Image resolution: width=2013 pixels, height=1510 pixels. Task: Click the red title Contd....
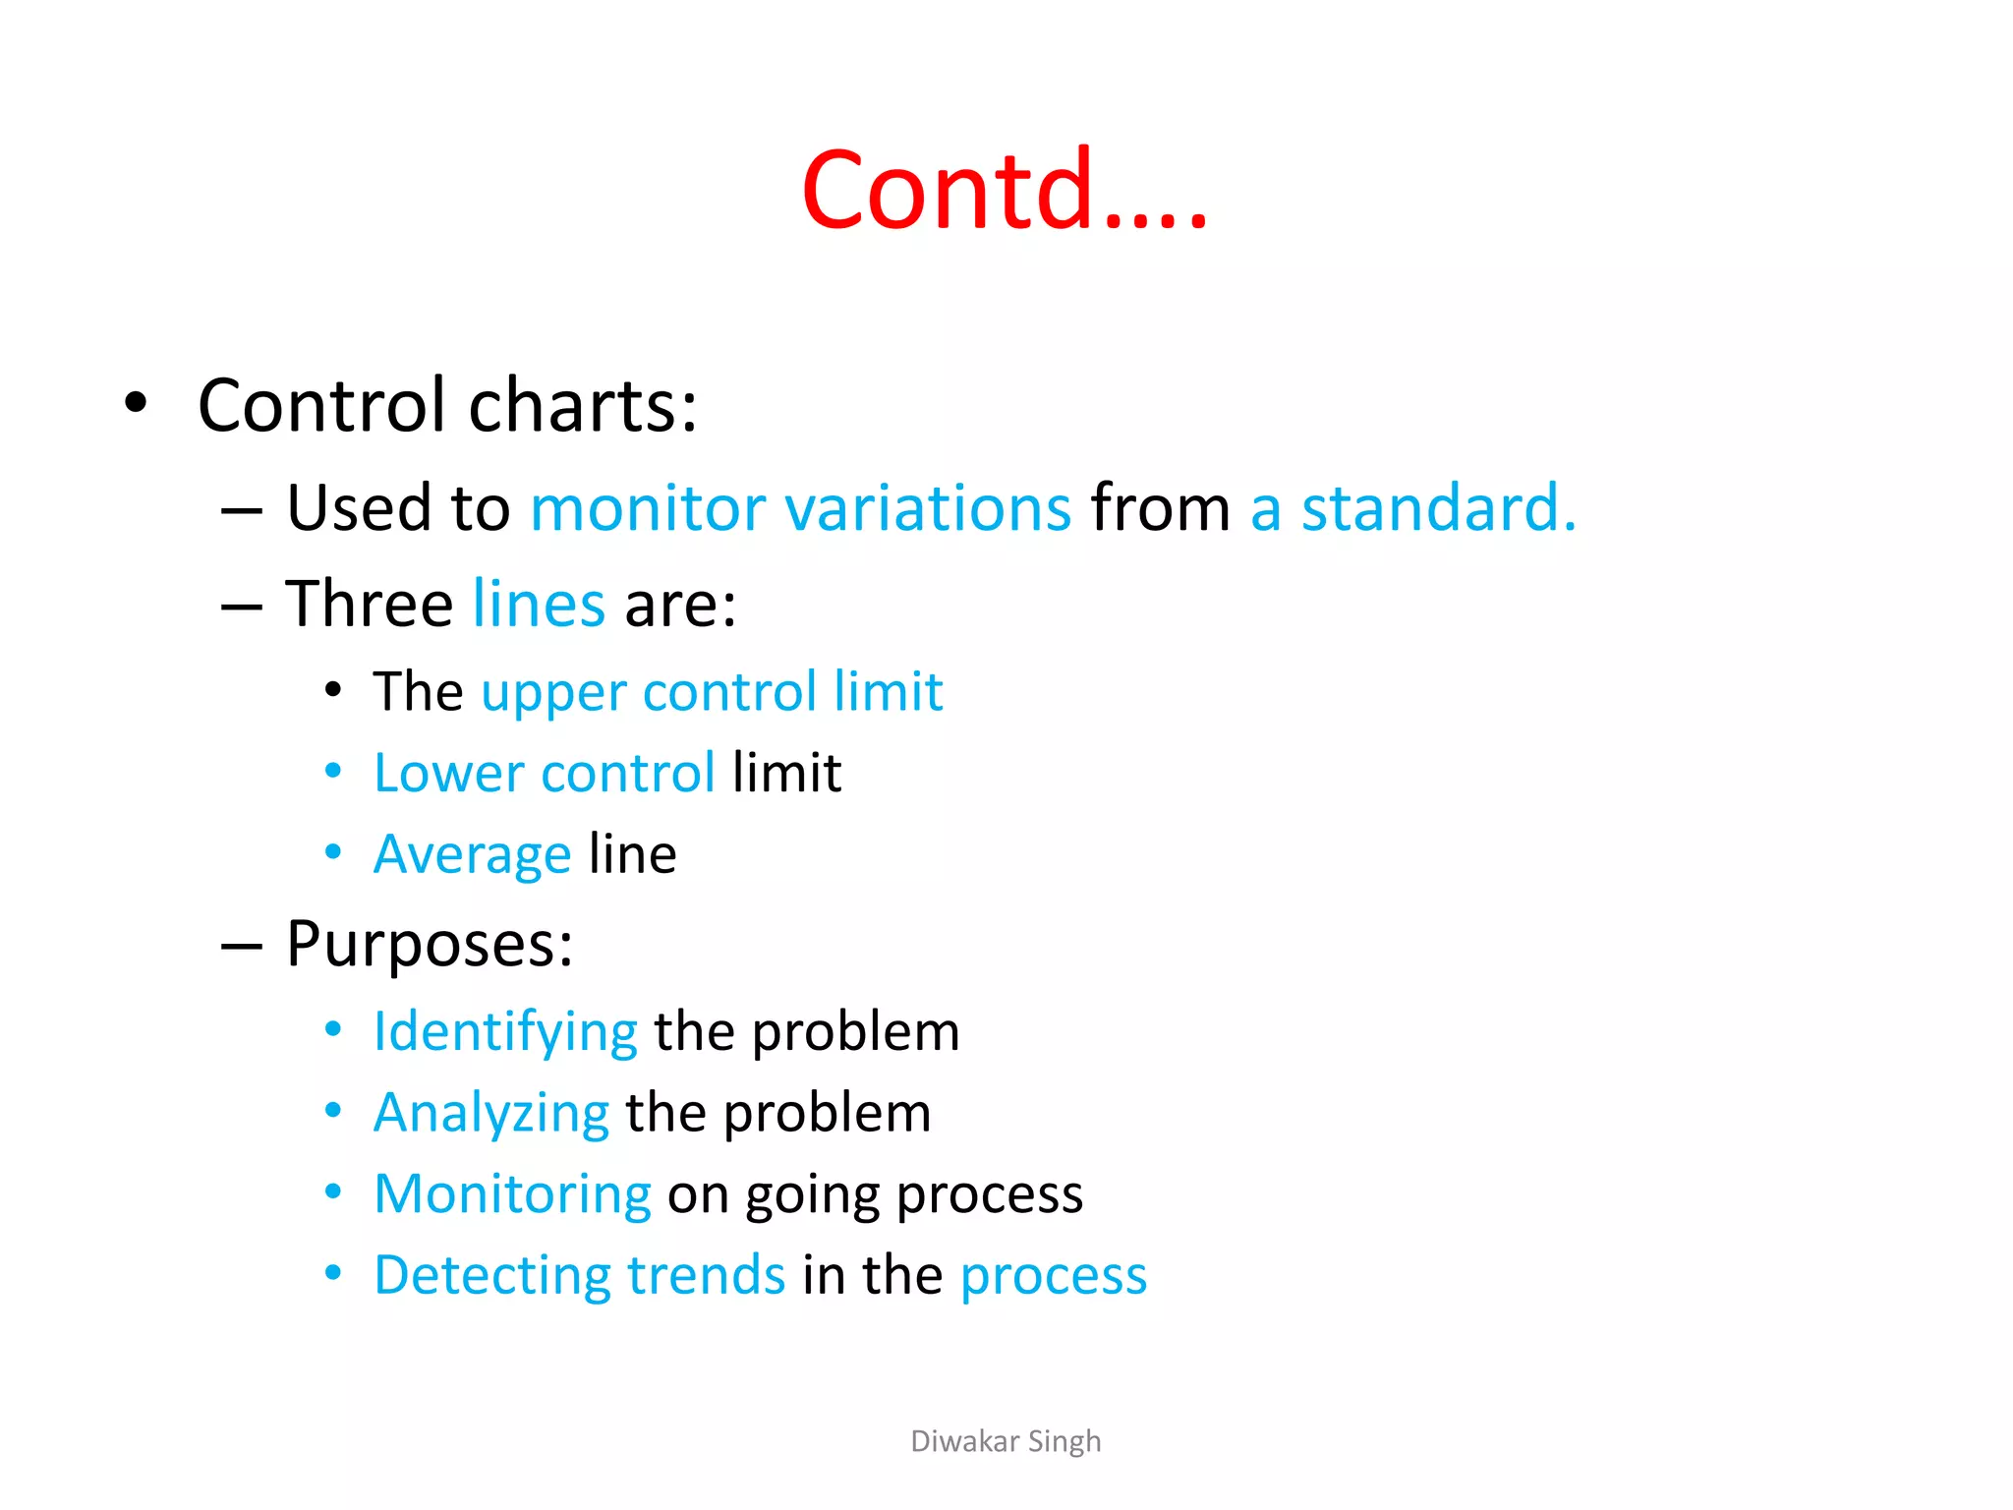pos(1003,189)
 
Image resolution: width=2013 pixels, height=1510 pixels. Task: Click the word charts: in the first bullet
pos(583,405)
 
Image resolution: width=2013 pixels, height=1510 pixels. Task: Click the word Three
pos(369,604)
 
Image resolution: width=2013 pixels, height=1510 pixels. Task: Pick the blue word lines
pos(539,604)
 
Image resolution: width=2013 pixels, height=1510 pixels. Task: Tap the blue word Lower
pos(449,773)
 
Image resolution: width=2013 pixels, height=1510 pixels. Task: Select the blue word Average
pos(472,854)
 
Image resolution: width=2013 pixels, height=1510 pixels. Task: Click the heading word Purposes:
pos(430,945)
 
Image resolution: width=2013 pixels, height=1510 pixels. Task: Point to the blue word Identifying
pos(505,1033)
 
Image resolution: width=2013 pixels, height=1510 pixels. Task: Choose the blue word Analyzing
pos(491,1115)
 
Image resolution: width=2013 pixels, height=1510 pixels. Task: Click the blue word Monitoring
pos(512,1194)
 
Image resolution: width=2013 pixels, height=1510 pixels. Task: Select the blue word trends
pos(706,1276)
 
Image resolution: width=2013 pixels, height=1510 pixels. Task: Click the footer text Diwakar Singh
pos(1006,1441)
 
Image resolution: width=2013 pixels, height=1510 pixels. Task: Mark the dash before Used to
pos(241,511)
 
